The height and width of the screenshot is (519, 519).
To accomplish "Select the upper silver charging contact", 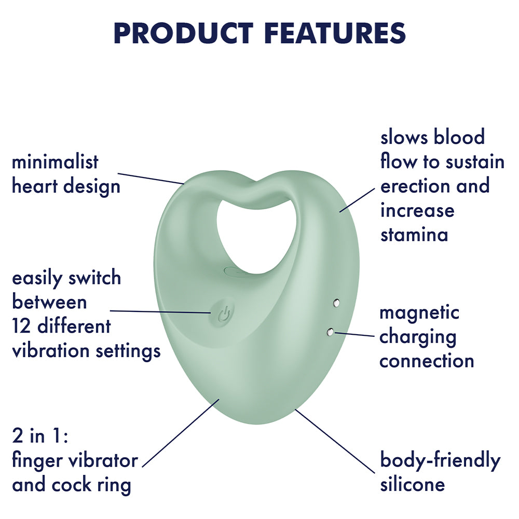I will click(x=336, y=302).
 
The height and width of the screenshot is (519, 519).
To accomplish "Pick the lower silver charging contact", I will click(x=330, y=332).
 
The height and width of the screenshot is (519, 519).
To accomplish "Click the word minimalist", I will click(x=55, y=162).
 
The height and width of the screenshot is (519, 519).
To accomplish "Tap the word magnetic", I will click(x=419, y=312).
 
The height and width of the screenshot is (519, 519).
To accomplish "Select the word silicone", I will click(x=413, y=484).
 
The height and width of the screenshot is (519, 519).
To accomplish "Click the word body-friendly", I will click(x=440, y=460).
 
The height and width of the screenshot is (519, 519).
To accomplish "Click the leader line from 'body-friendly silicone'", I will click(x=335, y=441).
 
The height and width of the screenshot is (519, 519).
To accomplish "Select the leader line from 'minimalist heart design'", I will click(x=151, y=178).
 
